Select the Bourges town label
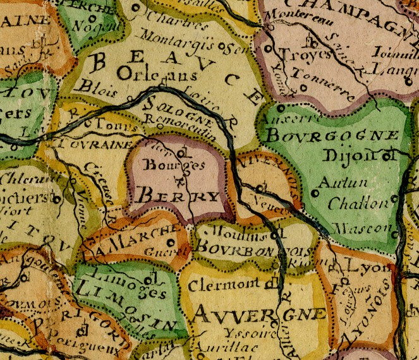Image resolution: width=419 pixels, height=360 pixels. click(166, 166)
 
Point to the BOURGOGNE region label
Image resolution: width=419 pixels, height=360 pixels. click(333, 136)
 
